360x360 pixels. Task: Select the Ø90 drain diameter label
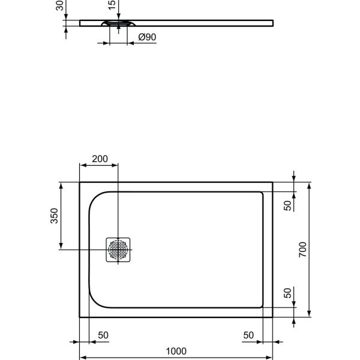point(147,37)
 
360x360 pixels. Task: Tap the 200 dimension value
point(100,160)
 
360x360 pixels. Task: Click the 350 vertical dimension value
point(54,216)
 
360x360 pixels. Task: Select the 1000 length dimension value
point(176,351)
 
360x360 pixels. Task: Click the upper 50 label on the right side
point(288,205)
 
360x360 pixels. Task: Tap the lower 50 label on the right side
point(288,294)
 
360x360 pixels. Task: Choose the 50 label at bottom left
point(103,335)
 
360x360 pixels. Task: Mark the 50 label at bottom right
point(249,335)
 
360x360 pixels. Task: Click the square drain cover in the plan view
point(119,250)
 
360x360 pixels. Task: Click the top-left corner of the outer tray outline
point(80,182)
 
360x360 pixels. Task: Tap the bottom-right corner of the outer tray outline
point(273,318)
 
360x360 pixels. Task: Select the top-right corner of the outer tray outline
point(273,182)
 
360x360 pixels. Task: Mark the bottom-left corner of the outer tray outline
point(80,318)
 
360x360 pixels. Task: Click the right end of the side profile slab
point(274,23)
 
